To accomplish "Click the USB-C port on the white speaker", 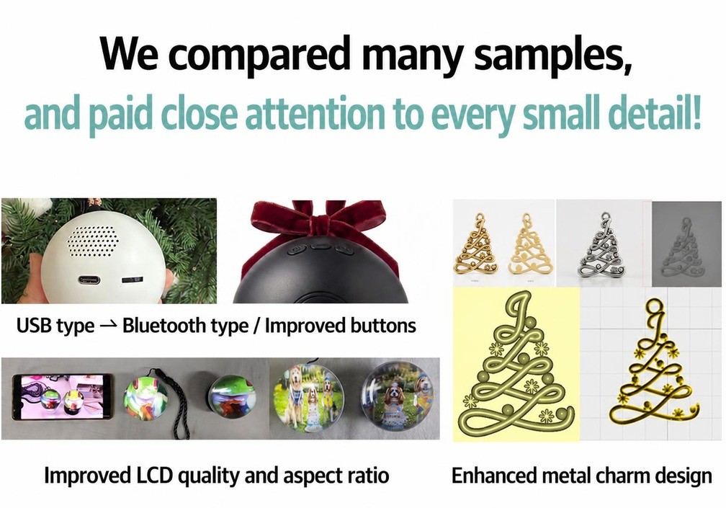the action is point(89,280).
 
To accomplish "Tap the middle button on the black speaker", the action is point(321,245).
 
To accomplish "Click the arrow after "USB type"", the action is point(108,326).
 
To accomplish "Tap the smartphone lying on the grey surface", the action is point(62,397).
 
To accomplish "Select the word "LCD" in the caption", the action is point(154,476).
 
